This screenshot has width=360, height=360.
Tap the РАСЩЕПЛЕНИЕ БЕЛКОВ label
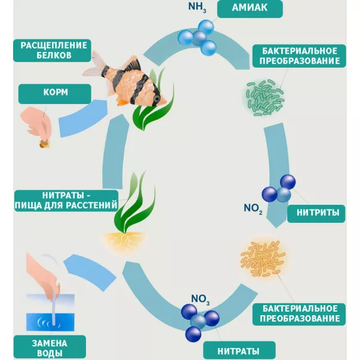click(54, 50)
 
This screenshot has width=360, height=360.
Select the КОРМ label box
click(54, 94)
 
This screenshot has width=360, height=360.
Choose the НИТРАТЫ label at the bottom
click(239, 350)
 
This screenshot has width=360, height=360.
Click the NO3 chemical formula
click(200, 299)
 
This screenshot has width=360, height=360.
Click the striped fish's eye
click(156, 97)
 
